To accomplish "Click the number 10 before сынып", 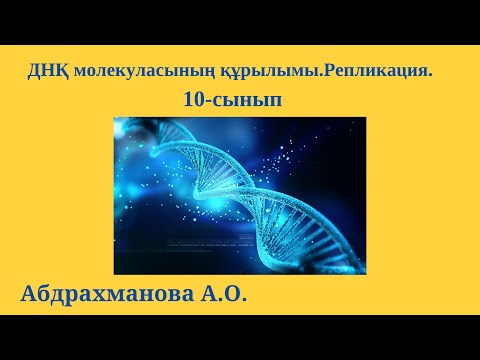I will (195, 100).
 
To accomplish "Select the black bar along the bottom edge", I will (240, 337).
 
